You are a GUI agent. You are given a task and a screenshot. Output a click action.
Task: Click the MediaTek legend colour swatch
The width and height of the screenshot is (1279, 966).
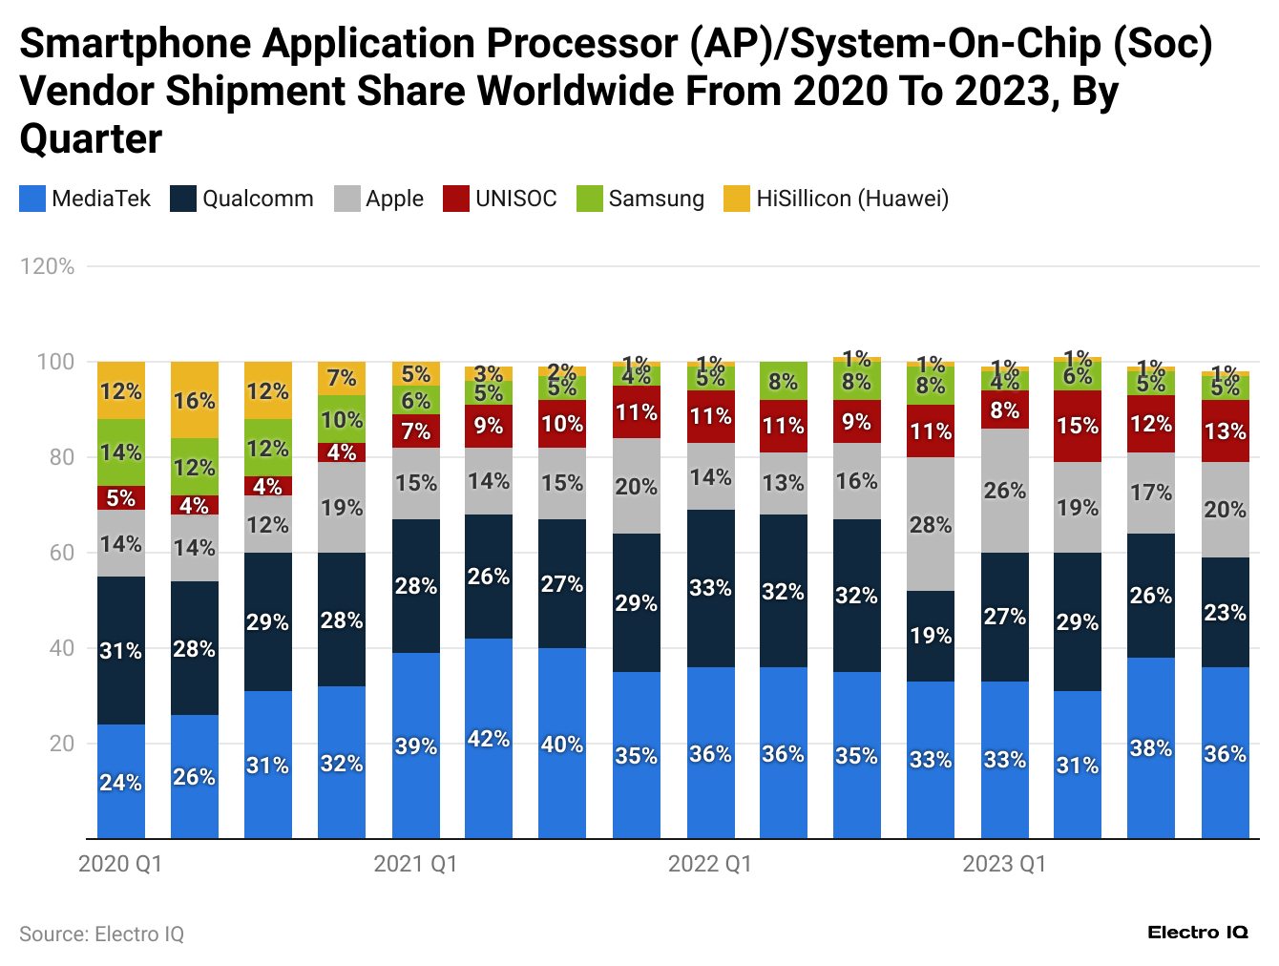coord(32,199)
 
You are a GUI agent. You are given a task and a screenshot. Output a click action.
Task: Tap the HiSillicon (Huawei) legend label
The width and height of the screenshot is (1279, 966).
coord(852,199)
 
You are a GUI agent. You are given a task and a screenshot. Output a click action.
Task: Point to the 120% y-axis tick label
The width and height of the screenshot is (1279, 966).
coord(48,266)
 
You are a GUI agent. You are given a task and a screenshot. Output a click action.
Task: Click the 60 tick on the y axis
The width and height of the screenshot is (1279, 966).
coord(62,553)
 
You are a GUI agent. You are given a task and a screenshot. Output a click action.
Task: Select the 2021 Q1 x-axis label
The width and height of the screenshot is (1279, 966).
coord(415,864)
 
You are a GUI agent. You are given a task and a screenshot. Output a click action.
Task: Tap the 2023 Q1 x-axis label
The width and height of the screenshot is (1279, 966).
coord(1004,864)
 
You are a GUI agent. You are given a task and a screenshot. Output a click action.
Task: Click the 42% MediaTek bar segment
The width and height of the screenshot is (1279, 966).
coord(489,739)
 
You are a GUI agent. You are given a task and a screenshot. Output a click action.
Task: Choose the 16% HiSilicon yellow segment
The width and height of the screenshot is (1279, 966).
coord(195,400)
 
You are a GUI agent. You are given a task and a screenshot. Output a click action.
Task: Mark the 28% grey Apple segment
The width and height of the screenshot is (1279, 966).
coord(931,524)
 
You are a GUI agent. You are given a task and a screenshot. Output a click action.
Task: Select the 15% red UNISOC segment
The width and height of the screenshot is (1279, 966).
coord(1078,426)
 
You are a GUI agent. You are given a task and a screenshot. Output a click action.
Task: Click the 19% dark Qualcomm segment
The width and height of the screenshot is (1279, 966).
coord(931,636)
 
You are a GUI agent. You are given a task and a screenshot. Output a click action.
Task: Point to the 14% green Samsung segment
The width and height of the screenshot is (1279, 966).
coord(121,452)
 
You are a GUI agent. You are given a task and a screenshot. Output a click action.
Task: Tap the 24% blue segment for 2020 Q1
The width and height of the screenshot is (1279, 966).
coord(121,782)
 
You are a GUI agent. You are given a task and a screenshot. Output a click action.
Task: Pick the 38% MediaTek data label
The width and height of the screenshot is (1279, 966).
coord(1151,748)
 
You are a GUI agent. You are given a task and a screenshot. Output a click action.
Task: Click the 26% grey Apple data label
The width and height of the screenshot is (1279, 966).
coord(1005,491)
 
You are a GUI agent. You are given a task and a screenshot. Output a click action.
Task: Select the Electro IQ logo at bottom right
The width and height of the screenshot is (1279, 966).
coord(1198,933)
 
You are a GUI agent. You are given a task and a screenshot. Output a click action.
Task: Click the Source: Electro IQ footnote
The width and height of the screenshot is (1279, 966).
coord(102,934)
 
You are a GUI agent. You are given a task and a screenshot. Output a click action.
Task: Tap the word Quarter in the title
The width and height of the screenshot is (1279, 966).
coord(92,139)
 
